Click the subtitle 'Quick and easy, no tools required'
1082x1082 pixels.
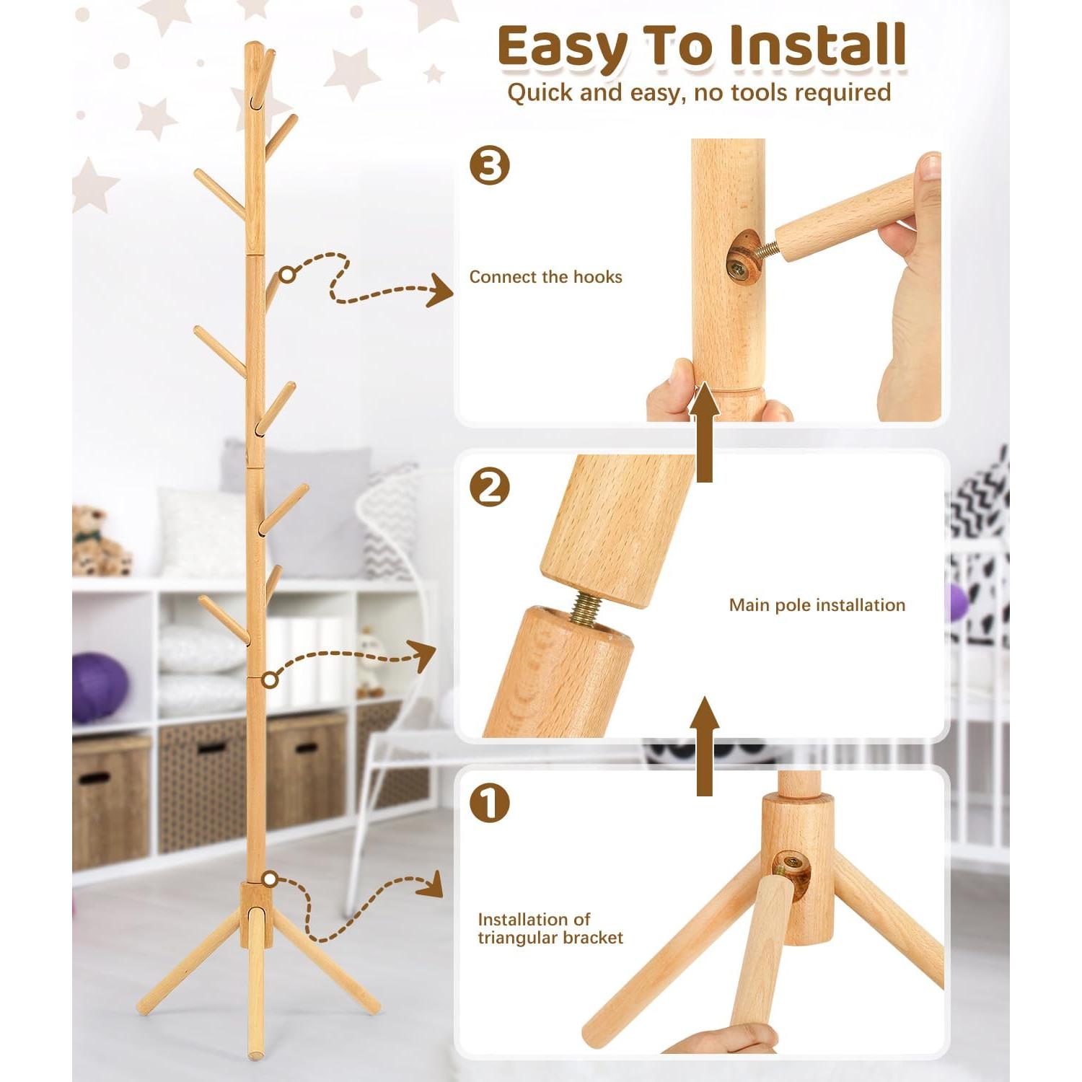coord(698,92)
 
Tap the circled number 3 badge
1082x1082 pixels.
coord(490,167)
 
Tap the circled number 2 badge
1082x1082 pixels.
coord(490,488)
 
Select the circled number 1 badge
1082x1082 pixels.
coord(490,803)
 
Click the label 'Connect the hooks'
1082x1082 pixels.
coord(545,277)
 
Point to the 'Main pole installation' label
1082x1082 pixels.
coord(817,605)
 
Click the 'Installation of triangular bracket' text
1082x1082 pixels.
coord(550,928)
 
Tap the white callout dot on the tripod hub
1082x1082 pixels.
coord(270,879)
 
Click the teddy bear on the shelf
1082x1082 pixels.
coord(99,542)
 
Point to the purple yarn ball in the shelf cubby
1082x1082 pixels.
coord(99,687)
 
